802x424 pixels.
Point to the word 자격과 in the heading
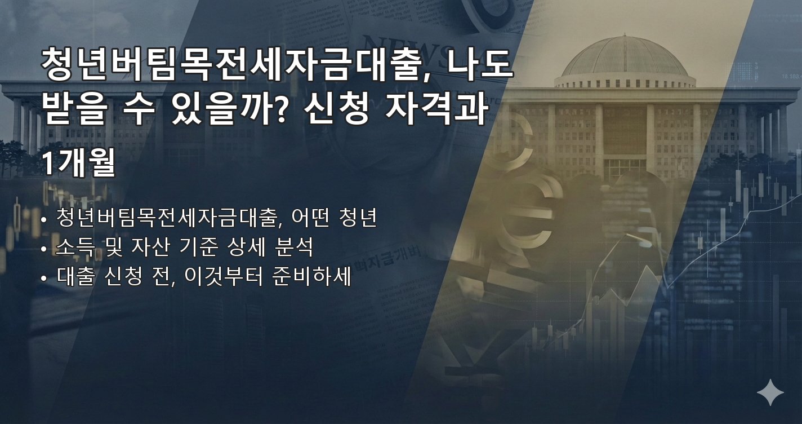click(x=434, y=110)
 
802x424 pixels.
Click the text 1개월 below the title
click(x=79, y=164)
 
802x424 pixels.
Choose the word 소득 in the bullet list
click(x=77, y=247)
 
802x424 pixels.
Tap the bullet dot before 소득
click(x=44, y=249)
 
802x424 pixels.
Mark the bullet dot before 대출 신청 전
click(x=44, y=279)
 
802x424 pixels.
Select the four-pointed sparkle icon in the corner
click(x=770, y=392)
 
